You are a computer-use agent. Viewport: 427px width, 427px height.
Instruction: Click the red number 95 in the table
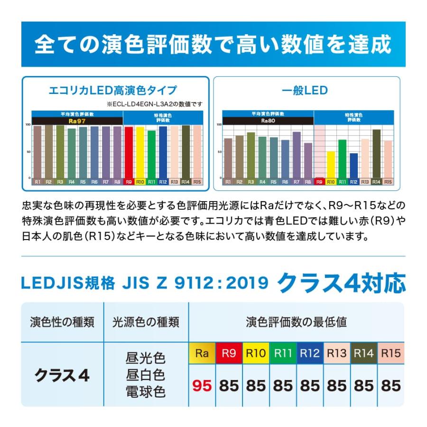tap(202, 385)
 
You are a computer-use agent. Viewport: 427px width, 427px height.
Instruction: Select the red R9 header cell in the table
tap(229, 353)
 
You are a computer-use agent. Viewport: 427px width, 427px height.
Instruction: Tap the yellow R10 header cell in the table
tap(256, 353)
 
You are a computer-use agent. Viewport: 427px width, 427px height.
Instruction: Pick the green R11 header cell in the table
tap(283, 353)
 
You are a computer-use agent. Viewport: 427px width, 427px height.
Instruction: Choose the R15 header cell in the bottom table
tap(391, 353)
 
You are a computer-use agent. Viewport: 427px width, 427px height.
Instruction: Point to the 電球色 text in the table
tap(146, 392)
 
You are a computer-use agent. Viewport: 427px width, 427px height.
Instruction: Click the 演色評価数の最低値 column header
tap(297, 323)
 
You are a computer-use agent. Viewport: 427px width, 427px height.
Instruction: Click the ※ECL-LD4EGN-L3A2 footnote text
tap(154, 104)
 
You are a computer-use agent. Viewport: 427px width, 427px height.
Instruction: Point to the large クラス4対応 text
tap(342, 283)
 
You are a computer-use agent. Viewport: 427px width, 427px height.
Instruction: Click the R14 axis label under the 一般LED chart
tap(376, 182)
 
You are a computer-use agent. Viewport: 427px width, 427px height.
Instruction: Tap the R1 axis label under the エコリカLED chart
tap(37, 182)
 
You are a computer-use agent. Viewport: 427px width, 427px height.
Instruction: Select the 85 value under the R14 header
tap(364, 385)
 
